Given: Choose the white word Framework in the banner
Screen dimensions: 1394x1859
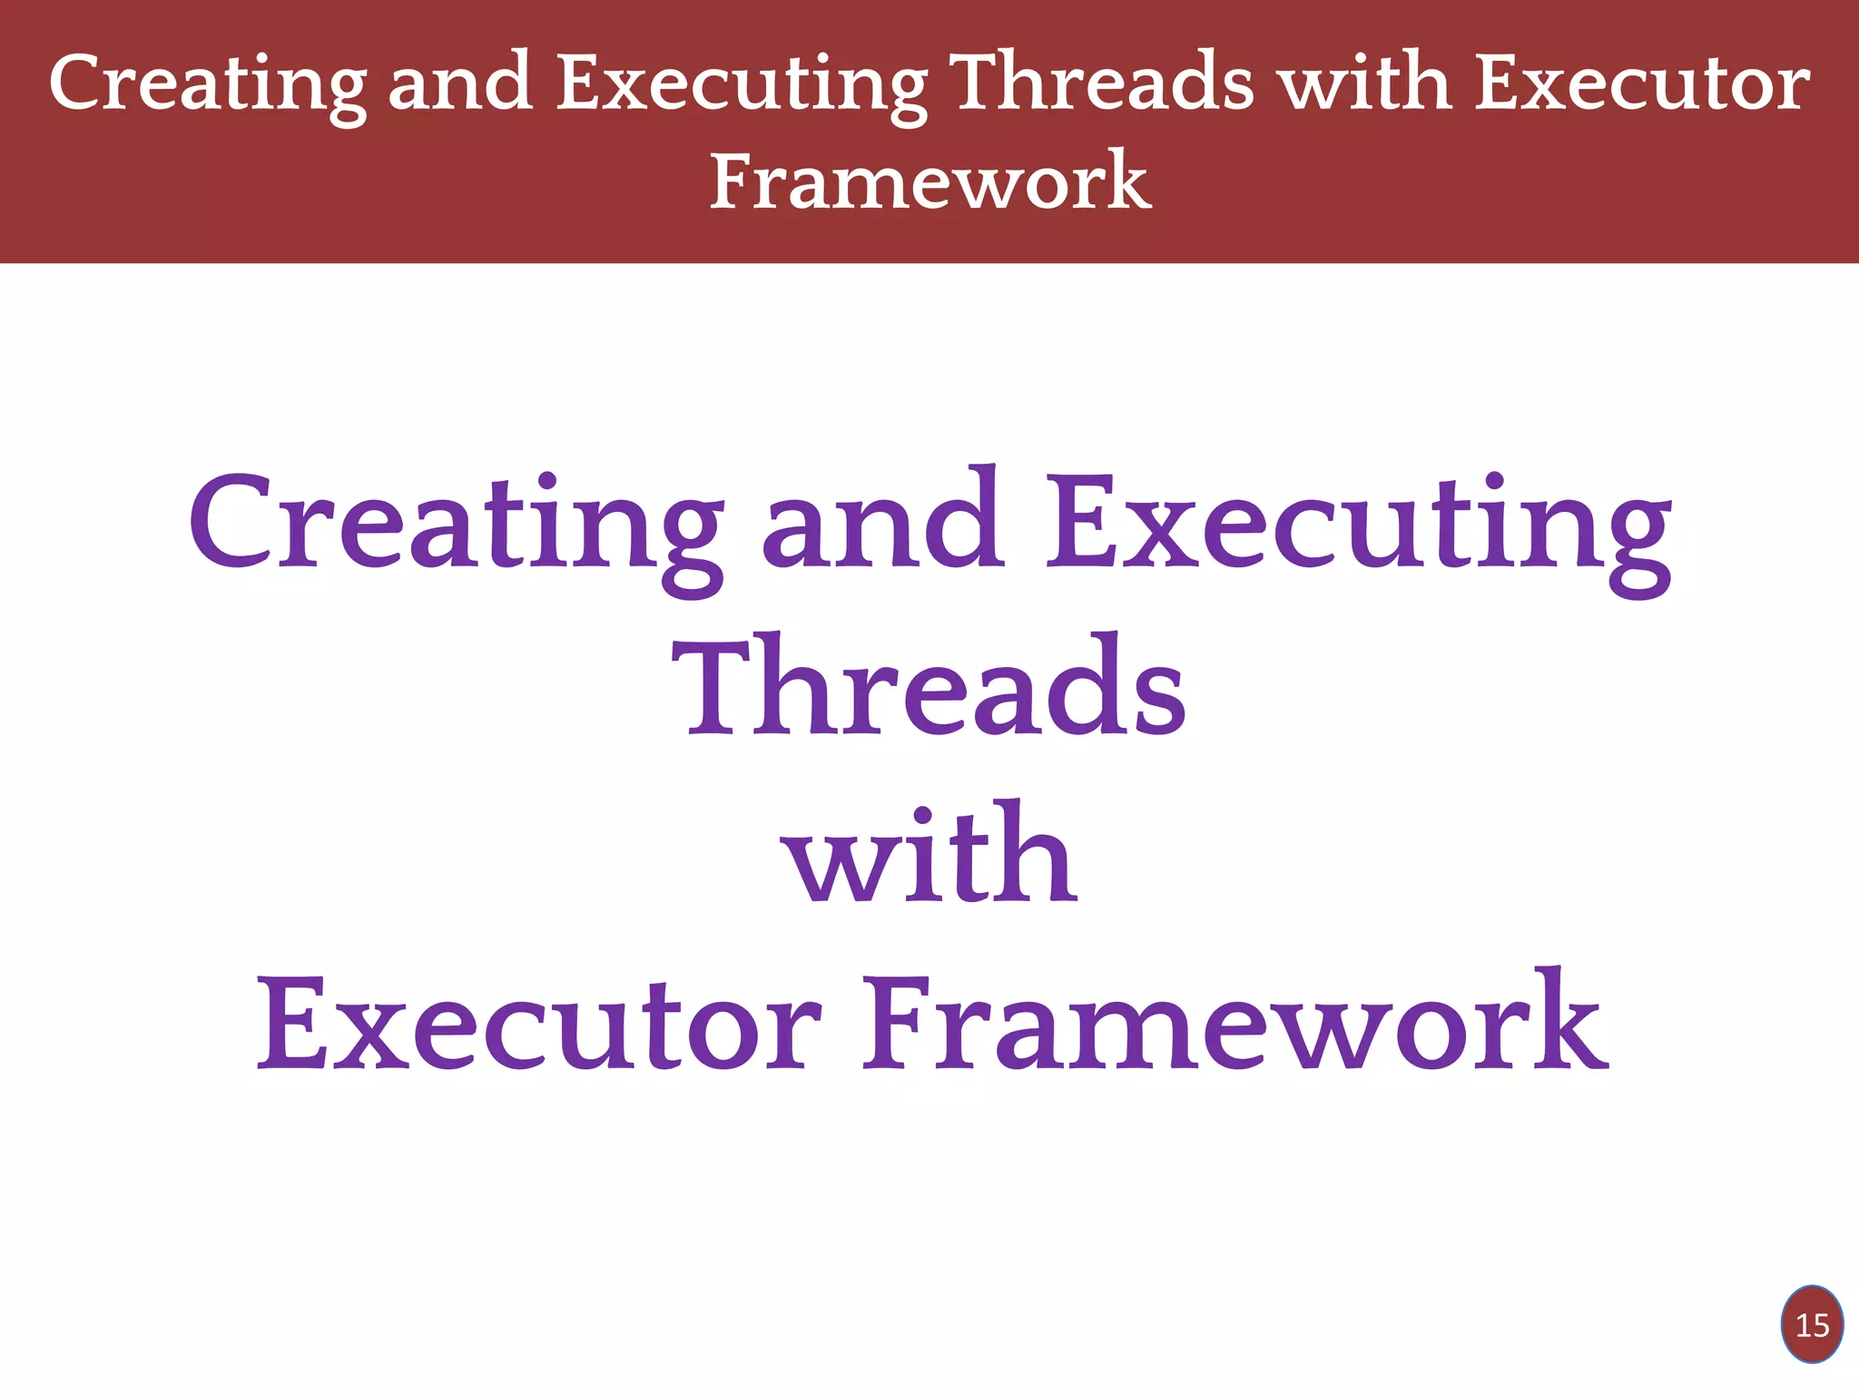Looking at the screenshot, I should (929, 181).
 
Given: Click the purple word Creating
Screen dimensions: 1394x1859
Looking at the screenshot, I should (454, 526).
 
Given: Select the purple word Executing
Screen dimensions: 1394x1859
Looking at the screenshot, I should (1358, 526).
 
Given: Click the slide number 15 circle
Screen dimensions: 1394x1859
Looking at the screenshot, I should (1812, 1325).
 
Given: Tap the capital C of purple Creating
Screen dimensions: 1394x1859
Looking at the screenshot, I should (231, 523).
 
